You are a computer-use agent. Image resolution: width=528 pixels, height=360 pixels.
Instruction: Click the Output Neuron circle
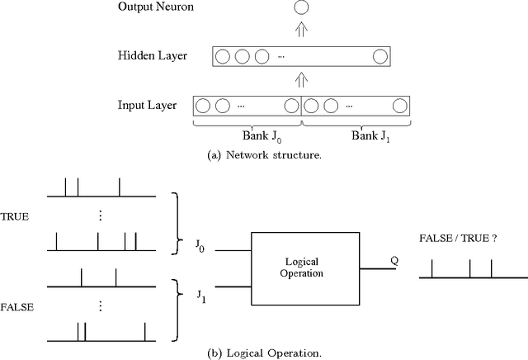tap(301, 8)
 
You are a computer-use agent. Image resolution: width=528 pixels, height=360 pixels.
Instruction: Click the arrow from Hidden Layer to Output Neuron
tap(301, 32)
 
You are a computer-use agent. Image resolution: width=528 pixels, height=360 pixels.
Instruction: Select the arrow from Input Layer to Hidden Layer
tap(301, 81)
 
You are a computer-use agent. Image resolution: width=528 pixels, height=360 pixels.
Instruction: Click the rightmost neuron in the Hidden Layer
tap(379, 57)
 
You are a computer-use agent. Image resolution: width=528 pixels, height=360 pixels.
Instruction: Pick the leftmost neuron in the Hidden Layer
tap(224, 57)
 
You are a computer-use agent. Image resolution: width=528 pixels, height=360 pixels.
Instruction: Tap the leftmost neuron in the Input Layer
tap(203, 106)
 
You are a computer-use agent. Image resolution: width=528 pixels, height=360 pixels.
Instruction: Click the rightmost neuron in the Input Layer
tap(400, 106)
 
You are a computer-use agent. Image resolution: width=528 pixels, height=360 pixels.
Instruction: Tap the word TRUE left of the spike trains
tap(16, 217)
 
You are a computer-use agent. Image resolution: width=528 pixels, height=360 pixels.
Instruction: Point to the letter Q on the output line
tap(394, 258)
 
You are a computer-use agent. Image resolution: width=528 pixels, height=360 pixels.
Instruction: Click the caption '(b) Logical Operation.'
tap(263, 353)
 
